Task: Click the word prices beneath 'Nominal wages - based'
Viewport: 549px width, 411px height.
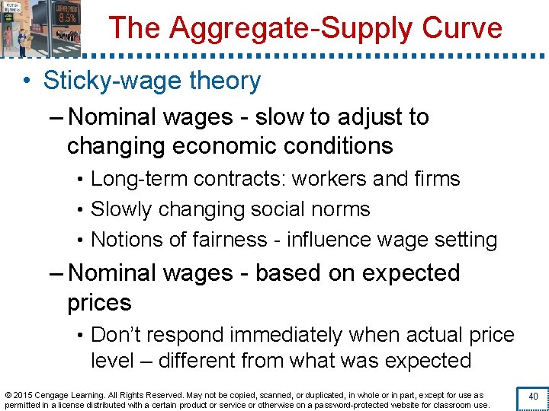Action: [99, 302]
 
